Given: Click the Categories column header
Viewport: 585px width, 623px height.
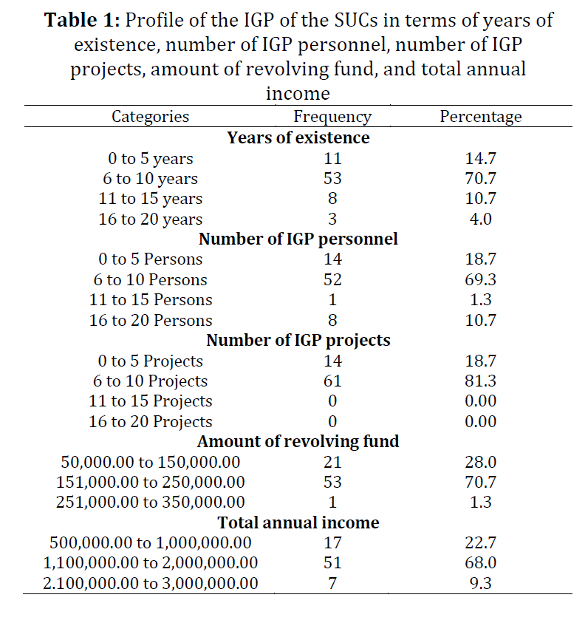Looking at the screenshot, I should (x=150, y=117).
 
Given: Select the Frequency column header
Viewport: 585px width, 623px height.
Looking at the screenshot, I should (x=332, y=117).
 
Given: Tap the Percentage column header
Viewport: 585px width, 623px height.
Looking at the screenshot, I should (x=480, y=117).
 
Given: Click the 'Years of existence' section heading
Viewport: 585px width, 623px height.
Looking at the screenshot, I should (x=298, y=137).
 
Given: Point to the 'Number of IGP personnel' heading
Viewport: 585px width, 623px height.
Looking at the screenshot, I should (x=298, y=239).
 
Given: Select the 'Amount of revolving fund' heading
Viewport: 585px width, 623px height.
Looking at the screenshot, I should (x=298, y=442).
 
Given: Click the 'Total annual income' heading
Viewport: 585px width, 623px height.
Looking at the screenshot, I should (x=298, y=522).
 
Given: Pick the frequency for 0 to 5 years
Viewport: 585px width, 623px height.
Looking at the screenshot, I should (x=332, y=158).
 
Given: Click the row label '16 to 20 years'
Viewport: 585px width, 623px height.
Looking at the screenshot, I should (x=151, y=219).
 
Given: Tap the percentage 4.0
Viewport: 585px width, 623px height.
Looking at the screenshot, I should (x=481, y=219).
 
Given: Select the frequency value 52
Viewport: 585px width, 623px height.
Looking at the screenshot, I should (x=332, y=279).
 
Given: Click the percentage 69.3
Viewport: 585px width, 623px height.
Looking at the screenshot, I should (x=481, y=279).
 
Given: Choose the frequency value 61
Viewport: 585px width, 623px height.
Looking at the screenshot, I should (x=332, y=381).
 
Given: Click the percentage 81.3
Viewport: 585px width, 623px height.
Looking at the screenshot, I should (x=481, y=381).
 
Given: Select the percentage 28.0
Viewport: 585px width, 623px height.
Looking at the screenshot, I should (x=481, y=463).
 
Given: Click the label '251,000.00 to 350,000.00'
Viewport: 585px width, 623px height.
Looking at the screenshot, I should (x=151, y=503).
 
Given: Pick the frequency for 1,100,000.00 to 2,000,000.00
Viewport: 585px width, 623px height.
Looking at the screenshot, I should (x=332, y=563).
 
